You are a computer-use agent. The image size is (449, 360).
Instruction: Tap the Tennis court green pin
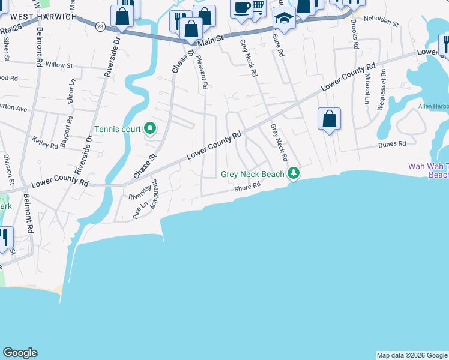tap(151, 128)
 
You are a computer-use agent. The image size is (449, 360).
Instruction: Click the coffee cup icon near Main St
tap(241, 8)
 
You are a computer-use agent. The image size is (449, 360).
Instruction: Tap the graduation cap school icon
tap(284, 18)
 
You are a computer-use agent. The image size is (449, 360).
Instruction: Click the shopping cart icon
tap(259, 7)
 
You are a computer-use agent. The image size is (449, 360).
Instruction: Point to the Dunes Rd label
tap(392, 144)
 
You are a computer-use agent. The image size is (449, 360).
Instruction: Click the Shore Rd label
tap(247, 187)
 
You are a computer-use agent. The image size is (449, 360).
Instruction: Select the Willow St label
tap(59, 64)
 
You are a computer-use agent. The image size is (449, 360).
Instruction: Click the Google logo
tap(20, 353)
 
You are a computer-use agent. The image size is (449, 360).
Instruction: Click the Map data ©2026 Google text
tap(412, 355)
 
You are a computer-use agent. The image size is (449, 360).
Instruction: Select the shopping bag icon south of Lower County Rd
tap(330, 119)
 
